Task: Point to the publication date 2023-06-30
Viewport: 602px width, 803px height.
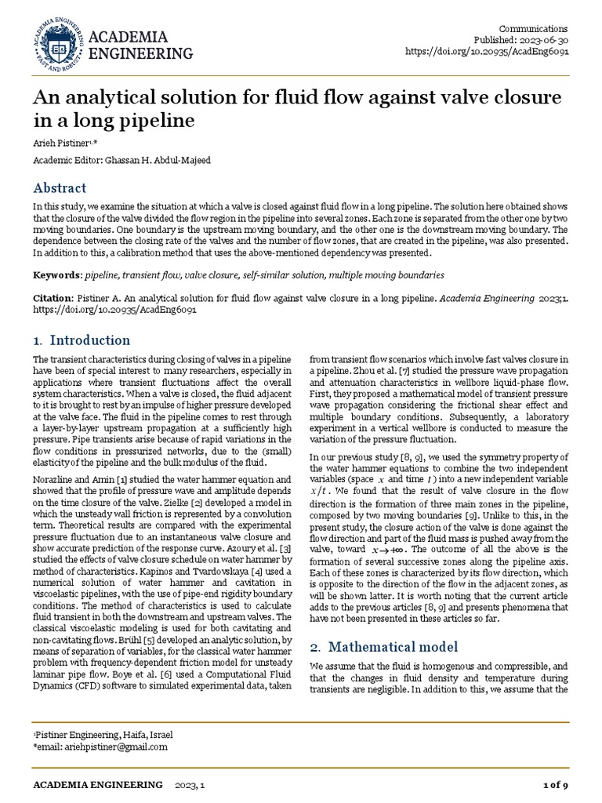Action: point(542,40)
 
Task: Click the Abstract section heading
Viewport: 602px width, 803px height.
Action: point(60,188)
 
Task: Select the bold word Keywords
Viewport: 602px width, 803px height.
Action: point(56,275)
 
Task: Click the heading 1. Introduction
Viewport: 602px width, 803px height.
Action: point(82,340)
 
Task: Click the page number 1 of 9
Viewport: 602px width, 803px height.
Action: point(555,785)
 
